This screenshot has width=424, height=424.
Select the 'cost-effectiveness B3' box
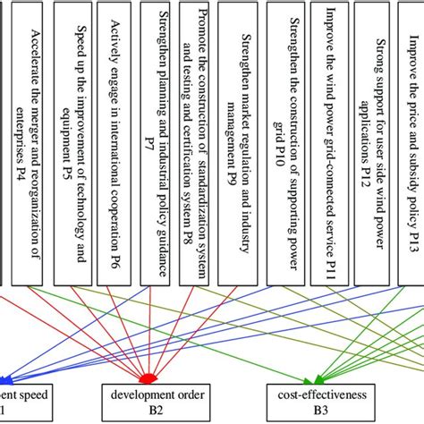pos(310,401)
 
